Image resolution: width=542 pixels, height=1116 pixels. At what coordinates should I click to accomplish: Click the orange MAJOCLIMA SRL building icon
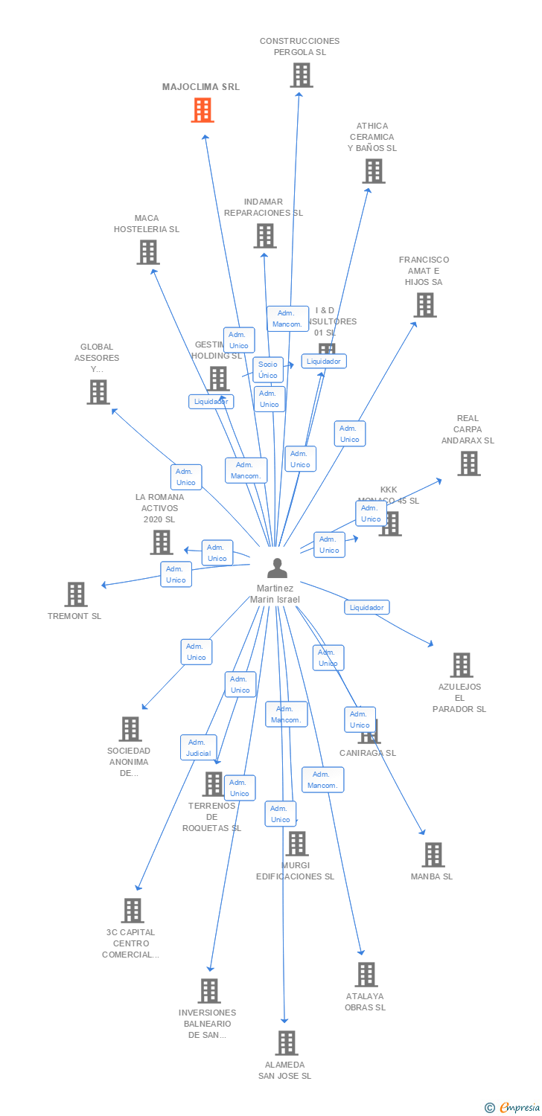pos(203,110)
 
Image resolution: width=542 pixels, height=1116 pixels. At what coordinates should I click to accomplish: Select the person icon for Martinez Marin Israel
pos(277,568)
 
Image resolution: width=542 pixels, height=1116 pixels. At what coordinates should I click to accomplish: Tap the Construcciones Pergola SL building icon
pos(301,75)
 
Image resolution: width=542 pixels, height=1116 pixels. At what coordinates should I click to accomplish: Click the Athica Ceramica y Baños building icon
pos(373,170)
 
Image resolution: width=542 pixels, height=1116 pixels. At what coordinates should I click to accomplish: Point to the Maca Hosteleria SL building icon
pos(148,252)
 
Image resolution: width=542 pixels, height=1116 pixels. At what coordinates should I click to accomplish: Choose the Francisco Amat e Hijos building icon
pos(424,304)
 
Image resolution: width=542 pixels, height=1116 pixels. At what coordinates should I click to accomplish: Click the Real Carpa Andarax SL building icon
pos(468,464)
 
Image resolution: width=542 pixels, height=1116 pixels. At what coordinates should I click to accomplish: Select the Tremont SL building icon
pos(76,594)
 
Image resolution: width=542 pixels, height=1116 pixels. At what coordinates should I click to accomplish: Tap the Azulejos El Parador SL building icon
pos(461,664)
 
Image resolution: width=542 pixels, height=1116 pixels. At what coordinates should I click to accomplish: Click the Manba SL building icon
pos(433,855)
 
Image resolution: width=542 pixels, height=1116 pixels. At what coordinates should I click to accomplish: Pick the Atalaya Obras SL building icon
pos(366,974)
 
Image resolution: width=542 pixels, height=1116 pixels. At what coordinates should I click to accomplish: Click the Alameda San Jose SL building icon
pos(287,1042)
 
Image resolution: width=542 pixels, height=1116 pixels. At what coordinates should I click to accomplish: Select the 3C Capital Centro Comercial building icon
pos(132,910)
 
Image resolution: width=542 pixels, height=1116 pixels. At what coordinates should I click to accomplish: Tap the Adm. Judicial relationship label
pos(198,748)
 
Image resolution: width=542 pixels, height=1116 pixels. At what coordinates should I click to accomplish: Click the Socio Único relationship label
pos(268,370)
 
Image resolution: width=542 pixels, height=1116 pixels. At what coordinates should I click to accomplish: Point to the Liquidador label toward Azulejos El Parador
pos(366,607)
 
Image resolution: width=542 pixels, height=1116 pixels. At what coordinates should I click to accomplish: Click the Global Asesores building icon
pos(98,391)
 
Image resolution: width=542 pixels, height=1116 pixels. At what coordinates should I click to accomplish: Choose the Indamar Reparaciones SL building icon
pos(264,236)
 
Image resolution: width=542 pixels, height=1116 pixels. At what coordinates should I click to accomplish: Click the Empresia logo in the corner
pos(513,1108)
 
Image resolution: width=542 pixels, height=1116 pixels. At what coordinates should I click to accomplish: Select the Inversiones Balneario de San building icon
pos(209,990)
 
